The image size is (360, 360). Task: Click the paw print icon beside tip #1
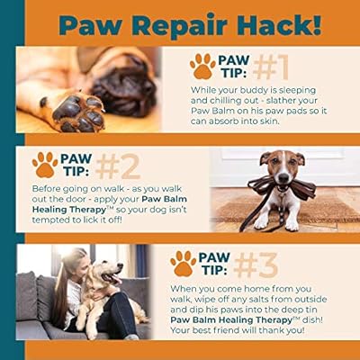pyautogui.click(x=202, y=66)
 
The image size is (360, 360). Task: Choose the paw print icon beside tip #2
pyautogui.click(x=45, y=164)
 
